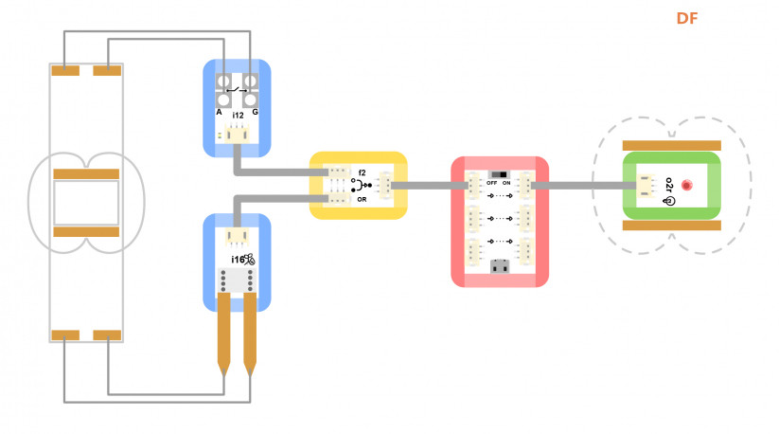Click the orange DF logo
(x=687, y=18)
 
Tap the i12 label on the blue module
(x=238, y=116)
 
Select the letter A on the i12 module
(x=219, y=113)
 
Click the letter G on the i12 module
(x=255, y=113)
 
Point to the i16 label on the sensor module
(x=238, y=260)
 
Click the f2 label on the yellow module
(x=362, y=173)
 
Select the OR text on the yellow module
(x=362, y=199)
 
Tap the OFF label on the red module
(x=492, y=183)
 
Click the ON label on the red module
(x=506, y=183)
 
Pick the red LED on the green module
(x=686, y=186)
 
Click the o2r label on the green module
(x=668, y=185)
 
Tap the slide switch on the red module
(x=499, y=175)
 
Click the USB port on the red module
(x=500, y=266)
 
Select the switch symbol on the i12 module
(x=237, y=90)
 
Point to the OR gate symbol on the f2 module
(x=362, y=186)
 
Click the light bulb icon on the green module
(x=668, y=201)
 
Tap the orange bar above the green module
(x=672, y=145)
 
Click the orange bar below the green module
(x=672, y=226)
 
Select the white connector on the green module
(x=646, y=186)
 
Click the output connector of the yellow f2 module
(x=385, y=185)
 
